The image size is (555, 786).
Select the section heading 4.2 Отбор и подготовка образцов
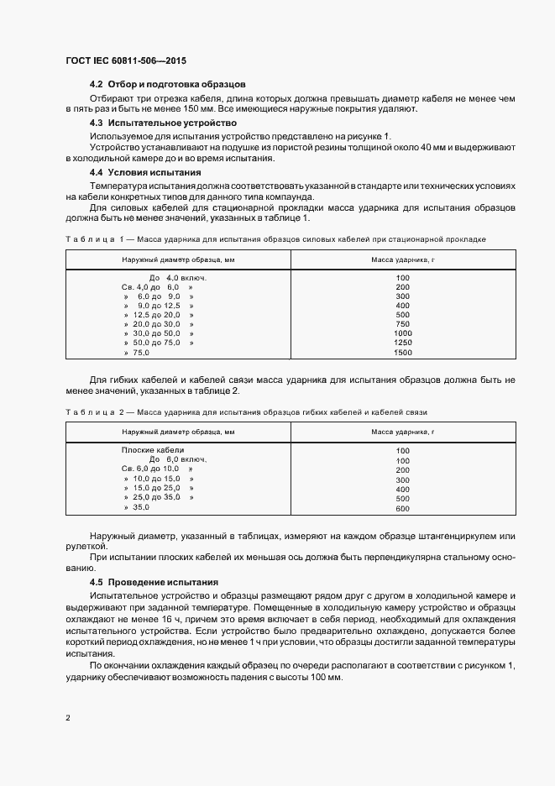[167, 85]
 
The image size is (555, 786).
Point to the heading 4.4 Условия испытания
[144, 171]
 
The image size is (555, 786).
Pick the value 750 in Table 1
[402, 324]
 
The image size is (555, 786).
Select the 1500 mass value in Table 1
[402, 353]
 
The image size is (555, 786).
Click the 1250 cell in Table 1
[402, 343]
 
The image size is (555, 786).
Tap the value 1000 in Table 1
[402, 333]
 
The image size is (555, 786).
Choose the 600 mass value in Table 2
[402, 509]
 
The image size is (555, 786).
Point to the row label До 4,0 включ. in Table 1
[177, 277]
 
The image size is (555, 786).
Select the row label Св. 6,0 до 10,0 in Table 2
[151, 469]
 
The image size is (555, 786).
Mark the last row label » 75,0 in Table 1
[136, 353]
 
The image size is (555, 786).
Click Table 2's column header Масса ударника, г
[402, 431]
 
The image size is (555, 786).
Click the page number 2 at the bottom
[68, 718]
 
